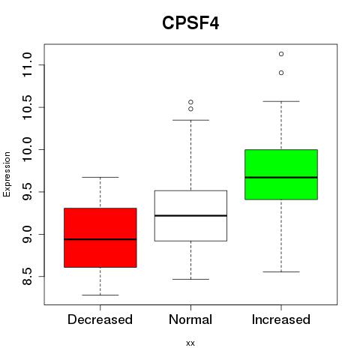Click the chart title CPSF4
[190, 23]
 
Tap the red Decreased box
[100, 238]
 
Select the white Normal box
[190, 216]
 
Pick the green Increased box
[281, 175]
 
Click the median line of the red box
[100, 239]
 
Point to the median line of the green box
[281, 178]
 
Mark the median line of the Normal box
[190, 215]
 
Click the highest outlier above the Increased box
[281, 54]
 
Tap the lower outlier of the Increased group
[281, 73]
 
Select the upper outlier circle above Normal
[190, 102]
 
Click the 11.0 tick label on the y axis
[27, 65]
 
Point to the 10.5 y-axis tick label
[27, 107]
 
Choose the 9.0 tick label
[27, 234]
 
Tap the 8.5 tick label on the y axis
[27, 277]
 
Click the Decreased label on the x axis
[100, 319]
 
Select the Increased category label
[281, 319]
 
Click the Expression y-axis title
[7, 174]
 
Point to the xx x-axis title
[190, 343]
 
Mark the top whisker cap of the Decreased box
[100, 177]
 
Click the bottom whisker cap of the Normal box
[190, 279]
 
